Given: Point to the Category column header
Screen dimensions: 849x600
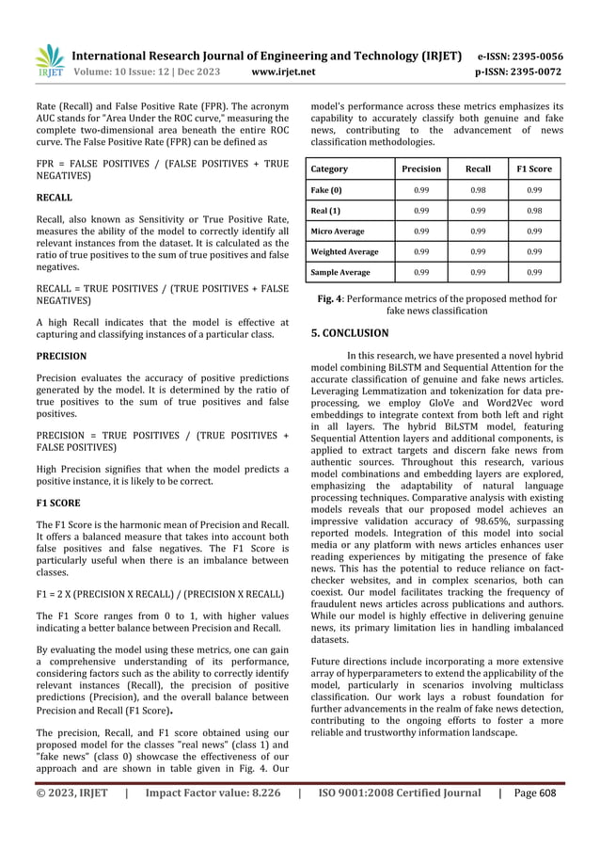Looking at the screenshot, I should point(329,169).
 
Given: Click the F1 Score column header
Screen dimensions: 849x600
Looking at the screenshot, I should point(533,169).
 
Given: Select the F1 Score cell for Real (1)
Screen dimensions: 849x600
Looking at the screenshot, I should point(533,211).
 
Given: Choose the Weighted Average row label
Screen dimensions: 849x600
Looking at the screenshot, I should point(345,251).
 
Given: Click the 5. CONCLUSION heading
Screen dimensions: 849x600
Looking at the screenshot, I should point(348,333).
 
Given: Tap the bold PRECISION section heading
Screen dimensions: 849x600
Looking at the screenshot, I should point(61,357).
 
